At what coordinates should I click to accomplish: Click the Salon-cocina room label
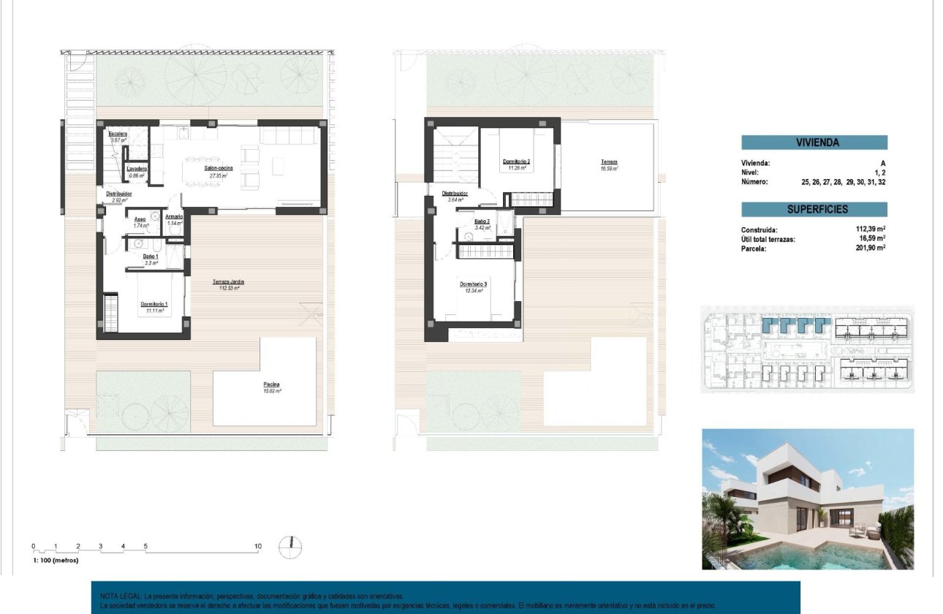coord(219,169)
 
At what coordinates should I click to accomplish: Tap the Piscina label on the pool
coord(272,384)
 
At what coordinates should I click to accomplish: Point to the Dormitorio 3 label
coord(473,284)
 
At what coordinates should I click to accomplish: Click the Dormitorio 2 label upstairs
coord(516,162)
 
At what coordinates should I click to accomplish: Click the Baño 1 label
coord(151,257)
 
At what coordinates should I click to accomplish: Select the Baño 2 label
coord(481,221)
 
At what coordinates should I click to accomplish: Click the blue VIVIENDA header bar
coord(814,143)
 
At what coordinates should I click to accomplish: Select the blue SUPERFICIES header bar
coord(814,209)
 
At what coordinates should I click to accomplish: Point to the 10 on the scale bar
coord(257,546)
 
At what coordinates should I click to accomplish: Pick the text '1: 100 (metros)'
coord(56,560)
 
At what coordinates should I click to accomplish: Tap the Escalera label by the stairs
coord(118,134)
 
